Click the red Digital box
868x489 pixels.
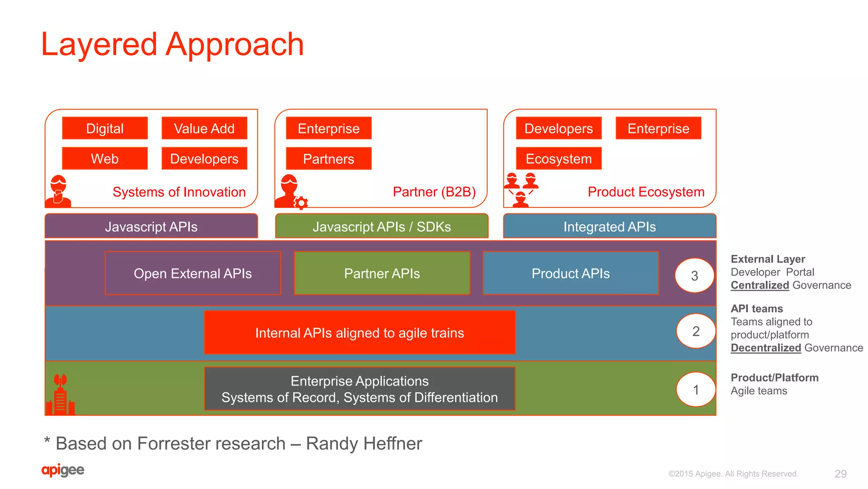105,128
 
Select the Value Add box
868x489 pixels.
204,128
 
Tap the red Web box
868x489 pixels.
105,159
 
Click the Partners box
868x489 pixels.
328,159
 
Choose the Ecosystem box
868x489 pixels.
559,159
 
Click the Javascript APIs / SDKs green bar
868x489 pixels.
381,226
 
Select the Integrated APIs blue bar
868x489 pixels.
609,226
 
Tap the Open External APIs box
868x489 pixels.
193,274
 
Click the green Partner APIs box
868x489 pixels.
382,274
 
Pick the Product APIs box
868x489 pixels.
570,274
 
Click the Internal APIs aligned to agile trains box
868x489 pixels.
359,333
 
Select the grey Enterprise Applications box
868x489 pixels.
359,389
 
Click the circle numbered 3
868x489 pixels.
694,276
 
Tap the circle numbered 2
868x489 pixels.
696,331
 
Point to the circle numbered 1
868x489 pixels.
696,389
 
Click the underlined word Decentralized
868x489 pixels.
765,348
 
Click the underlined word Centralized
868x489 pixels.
759,285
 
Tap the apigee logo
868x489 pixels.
63,470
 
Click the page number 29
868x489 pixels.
840,474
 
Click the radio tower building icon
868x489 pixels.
60,394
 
